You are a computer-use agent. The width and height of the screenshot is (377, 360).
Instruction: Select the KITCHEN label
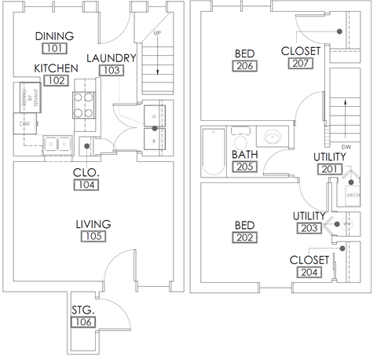[x=54, y=68]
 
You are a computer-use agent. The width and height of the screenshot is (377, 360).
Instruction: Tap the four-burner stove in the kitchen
[x=83, y=105]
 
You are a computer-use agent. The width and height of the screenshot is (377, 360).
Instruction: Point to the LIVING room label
[x=93, y=224]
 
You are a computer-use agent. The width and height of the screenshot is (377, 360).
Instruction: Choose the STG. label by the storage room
[x=82, y=309]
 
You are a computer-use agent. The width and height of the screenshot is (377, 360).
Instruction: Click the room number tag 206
[x=243, y=67]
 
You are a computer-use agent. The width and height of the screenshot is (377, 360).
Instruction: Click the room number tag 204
[x=309, y=272]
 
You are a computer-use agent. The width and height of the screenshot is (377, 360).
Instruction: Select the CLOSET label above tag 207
[x=300, y=52]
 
